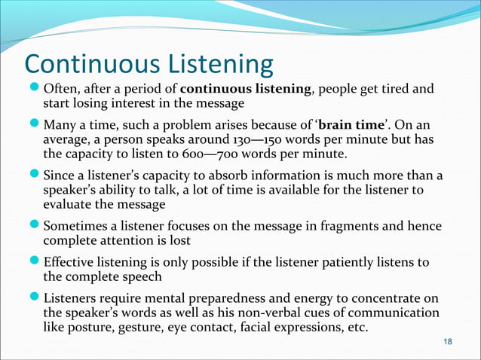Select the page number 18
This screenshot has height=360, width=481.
tap(449, 343)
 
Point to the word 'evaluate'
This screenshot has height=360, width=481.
tap(67, 205)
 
